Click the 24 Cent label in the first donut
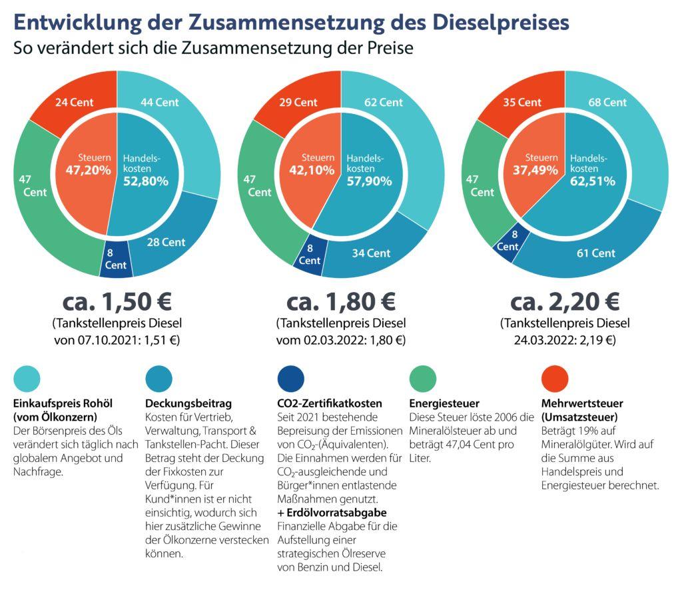(x=73, y=103)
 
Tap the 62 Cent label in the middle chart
(x=383, y=103)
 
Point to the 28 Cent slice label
(x=166, y=242)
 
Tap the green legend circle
(x=422, y=379)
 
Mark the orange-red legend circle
(x=555, y=379)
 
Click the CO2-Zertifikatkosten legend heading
(x=329, y=403)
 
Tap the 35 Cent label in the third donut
(x=521, y=103)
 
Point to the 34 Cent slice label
(x=371, y=253)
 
